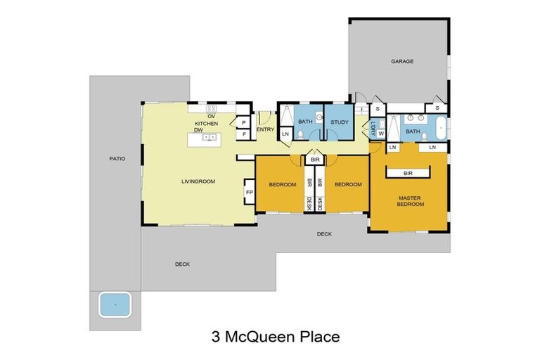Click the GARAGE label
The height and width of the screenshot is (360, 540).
402,62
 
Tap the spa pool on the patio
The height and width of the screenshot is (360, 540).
115,305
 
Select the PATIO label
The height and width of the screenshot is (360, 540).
117,159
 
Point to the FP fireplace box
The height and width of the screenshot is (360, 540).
249,191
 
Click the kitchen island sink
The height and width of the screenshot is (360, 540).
209,137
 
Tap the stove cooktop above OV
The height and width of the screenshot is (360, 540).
210,108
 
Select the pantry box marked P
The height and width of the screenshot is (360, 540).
243,122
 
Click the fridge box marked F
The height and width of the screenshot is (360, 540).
243,134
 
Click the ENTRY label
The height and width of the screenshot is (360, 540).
266,129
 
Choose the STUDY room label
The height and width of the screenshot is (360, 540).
340,122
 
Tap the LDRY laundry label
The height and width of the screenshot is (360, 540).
372,129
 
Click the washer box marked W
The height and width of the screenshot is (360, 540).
380,132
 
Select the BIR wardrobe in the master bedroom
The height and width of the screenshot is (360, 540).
408,173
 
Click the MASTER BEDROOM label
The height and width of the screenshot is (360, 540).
411,201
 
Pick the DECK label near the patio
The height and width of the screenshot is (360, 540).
182,264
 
